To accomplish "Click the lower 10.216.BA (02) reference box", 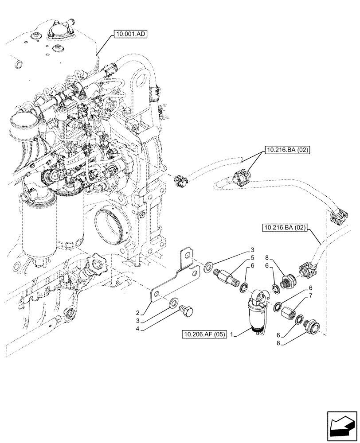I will click(285, 228).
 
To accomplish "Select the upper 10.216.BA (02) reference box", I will click(287, 150).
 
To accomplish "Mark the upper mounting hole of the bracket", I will click(189, 256).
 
